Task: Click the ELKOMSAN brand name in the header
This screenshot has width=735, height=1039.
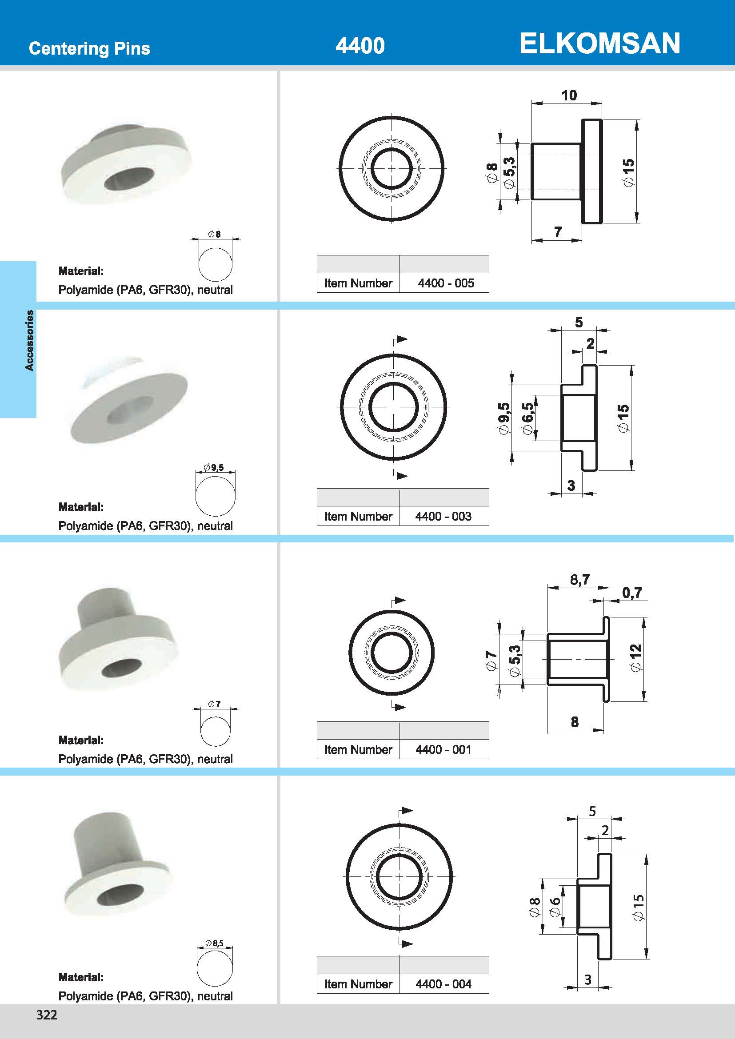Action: (599, 44)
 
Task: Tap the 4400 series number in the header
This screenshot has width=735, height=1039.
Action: (360, 46)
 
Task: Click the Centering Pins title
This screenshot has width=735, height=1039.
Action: (90, 48)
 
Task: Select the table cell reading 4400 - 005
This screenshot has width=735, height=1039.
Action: (445, 283)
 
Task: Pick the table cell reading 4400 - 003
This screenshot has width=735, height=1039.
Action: (443, 516)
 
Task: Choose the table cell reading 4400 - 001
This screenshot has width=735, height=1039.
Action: (443, 749)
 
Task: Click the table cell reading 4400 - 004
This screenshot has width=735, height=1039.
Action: (443, 984)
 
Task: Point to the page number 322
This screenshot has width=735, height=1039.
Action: (47, 1015)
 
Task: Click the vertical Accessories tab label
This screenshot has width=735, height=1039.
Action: (29, 340)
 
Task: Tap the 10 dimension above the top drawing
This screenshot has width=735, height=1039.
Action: (569, 95)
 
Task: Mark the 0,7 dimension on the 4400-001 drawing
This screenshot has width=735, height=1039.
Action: (632, 593)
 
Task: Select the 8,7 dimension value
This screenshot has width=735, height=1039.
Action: (579, 579)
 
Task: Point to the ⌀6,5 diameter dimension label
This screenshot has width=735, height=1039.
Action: (528, 418)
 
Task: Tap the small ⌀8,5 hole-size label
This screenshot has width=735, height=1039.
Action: (215, 943)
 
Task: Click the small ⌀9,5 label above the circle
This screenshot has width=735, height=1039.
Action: (214, 467)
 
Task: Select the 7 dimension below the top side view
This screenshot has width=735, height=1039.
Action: (558, 232)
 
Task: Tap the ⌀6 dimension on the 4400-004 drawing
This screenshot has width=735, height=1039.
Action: (555, 907)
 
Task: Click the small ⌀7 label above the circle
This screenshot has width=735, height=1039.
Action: (215, 704)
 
